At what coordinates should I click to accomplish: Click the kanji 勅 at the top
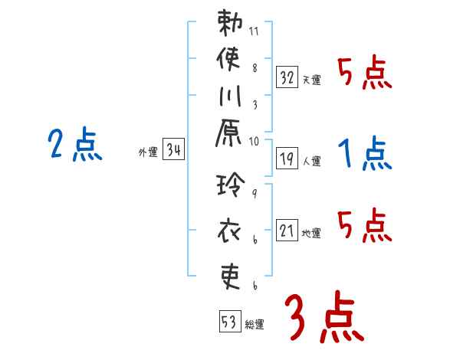[230, 25]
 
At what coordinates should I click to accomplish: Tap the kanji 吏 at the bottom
[230, 274]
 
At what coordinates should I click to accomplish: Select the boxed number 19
[287, 158]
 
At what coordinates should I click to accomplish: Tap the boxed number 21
[287, 230]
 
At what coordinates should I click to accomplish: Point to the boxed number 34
[173, 150]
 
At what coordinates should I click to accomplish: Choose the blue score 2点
[74, 145]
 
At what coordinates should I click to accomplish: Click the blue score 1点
[364, 153]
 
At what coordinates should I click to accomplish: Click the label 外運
[148, 152]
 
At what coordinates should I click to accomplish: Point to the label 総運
[255, 324]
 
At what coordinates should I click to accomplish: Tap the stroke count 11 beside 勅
[255, 33]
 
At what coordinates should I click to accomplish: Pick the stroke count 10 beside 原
[255, 141]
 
